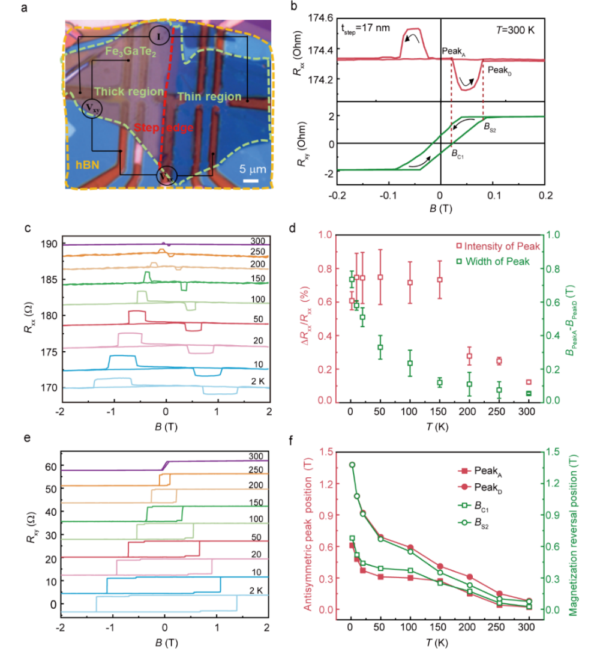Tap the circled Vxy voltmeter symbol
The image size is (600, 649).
[92, 108]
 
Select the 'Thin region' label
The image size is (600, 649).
[209, 97]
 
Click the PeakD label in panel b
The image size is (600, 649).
[499, 70]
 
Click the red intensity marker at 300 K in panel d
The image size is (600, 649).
[529, 382]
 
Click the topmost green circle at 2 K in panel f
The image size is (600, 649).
[352, 465]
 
